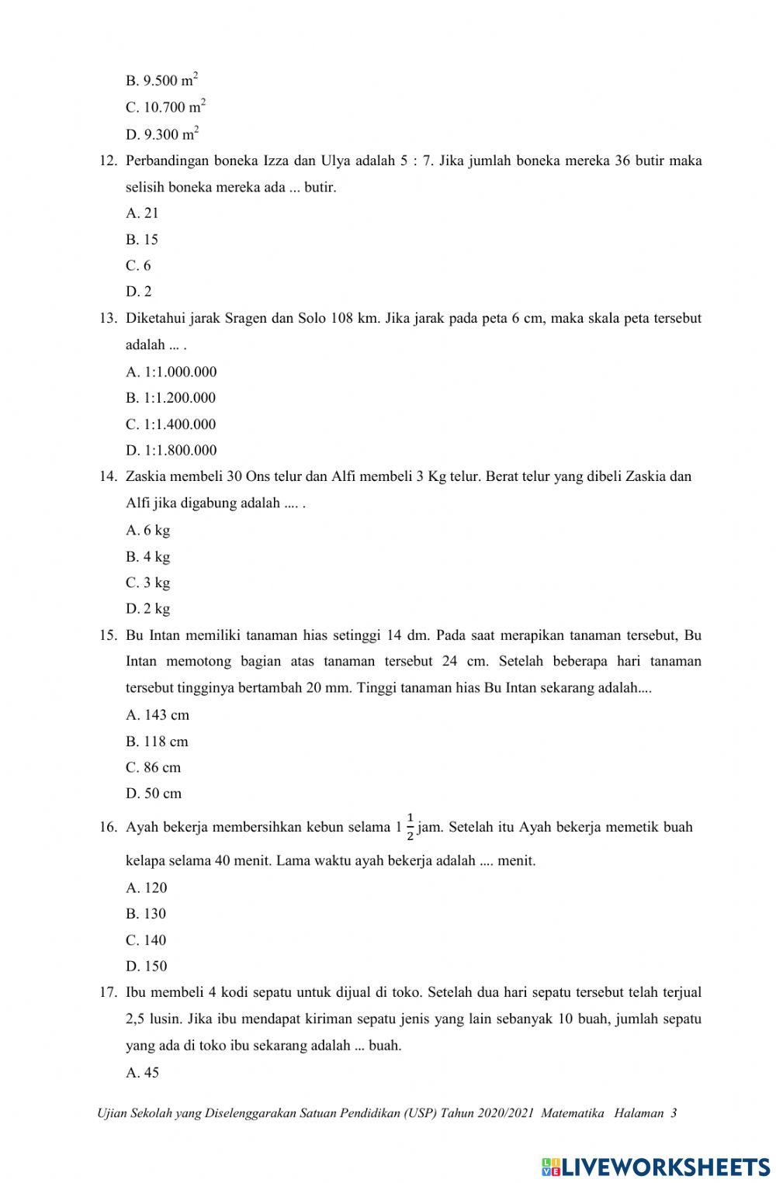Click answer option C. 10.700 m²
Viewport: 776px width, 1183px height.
165,107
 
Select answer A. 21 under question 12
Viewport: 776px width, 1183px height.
142,213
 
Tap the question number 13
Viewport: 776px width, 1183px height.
108,318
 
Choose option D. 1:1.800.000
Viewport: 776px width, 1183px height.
171,450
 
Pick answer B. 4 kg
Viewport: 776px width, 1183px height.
147,556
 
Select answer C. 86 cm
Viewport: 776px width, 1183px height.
153,767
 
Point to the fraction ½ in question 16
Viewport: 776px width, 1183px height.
410,827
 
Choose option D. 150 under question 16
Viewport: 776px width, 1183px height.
146,966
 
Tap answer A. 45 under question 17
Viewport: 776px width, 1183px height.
142,1072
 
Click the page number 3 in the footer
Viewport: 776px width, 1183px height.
674,1113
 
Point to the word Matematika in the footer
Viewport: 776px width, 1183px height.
573,1113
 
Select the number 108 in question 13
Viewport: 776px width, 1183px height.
342,318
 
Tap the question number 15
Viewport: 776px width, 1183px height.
108,635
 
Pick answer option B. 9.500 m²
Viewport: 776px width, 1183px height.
162,80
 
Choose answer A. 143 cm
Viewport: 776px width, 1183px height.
158,714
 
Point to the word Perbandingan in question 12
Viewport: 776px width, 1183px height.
167,161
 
